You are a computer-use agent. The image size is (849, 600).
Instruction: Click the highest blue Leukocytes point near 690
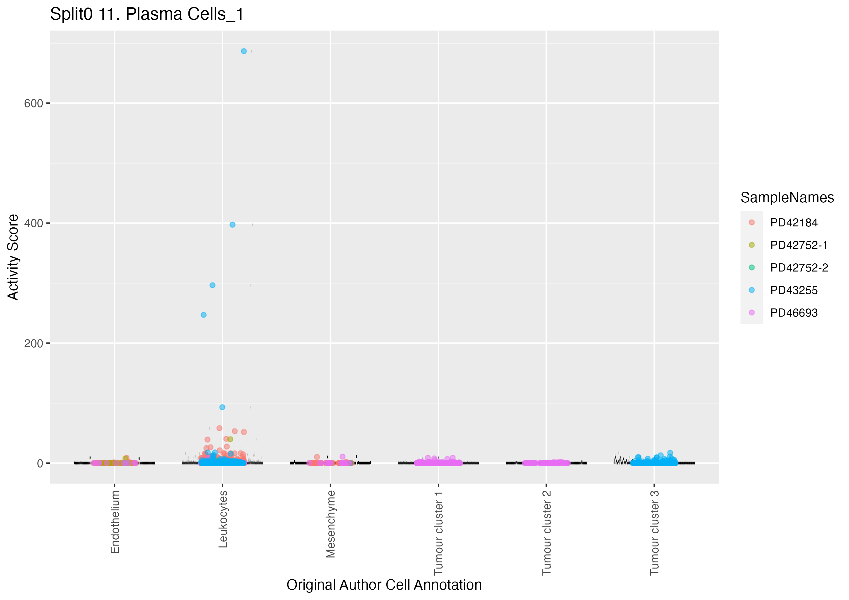pyautogui.click(x=244, y=51)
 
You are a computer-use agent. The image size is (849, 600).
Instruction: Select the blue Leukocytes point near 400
pyautogui.click(x=232, y=225)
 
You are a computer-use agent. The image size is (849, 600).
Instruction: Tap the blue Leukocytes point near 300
pyautogui.click(x=212, y=285)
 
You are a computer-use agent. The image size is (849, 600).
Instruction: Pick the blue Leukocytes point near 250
pyautogui.click(x=203, y=315)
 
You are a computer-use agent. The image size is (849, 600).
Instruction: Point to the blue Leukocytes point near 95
pyautogui.click(x=222, y=407)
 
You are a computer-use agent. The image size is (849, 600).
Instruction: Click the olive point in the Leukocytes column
pyautogui.click(x=230, y=439)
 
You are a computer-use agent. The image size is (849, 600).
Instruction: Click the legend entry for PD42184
pyautogui.click(x=794, y=223)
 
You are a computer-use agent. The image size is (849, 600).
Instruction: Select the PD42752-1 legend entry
pyautogui.click(x=798, y=245)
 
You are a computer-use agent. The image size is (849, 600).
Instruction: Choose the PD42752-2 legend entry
pyautogui.click(x=799, y=268)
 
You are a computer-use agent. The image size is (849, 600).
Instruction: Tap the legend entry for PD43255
pyautogui.click(x=794, y=290)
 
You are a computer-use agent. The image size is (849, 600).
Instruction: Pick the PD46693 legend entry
pyautogui.click(x=794, y=313)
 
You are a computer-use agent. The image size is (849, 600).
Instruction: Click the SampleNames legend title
pyautogui.click(x=787, y=198)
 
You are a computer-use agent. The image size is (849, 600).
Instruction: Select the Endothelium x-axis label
pyautogui.click(x=115, y=522)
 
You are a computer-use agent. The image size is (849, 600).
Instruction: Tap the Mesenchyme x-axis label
pyautogui.click(x=330, y=524)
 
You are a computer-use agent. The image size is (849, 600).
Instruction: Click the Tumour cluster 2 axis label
pyautogui.click(x=546, y=533)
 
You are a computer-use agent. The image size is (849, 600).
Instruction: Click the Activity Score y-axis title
pyautogui.click(x=13, y=257)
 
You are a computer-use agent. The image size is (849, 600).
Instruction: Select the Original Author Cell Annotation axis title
pyautogui.click(x=384, y=585)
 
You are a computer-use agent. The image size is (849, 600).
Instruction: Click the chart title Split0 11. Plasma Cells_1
pyautogui.click(x=147, y=14)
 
